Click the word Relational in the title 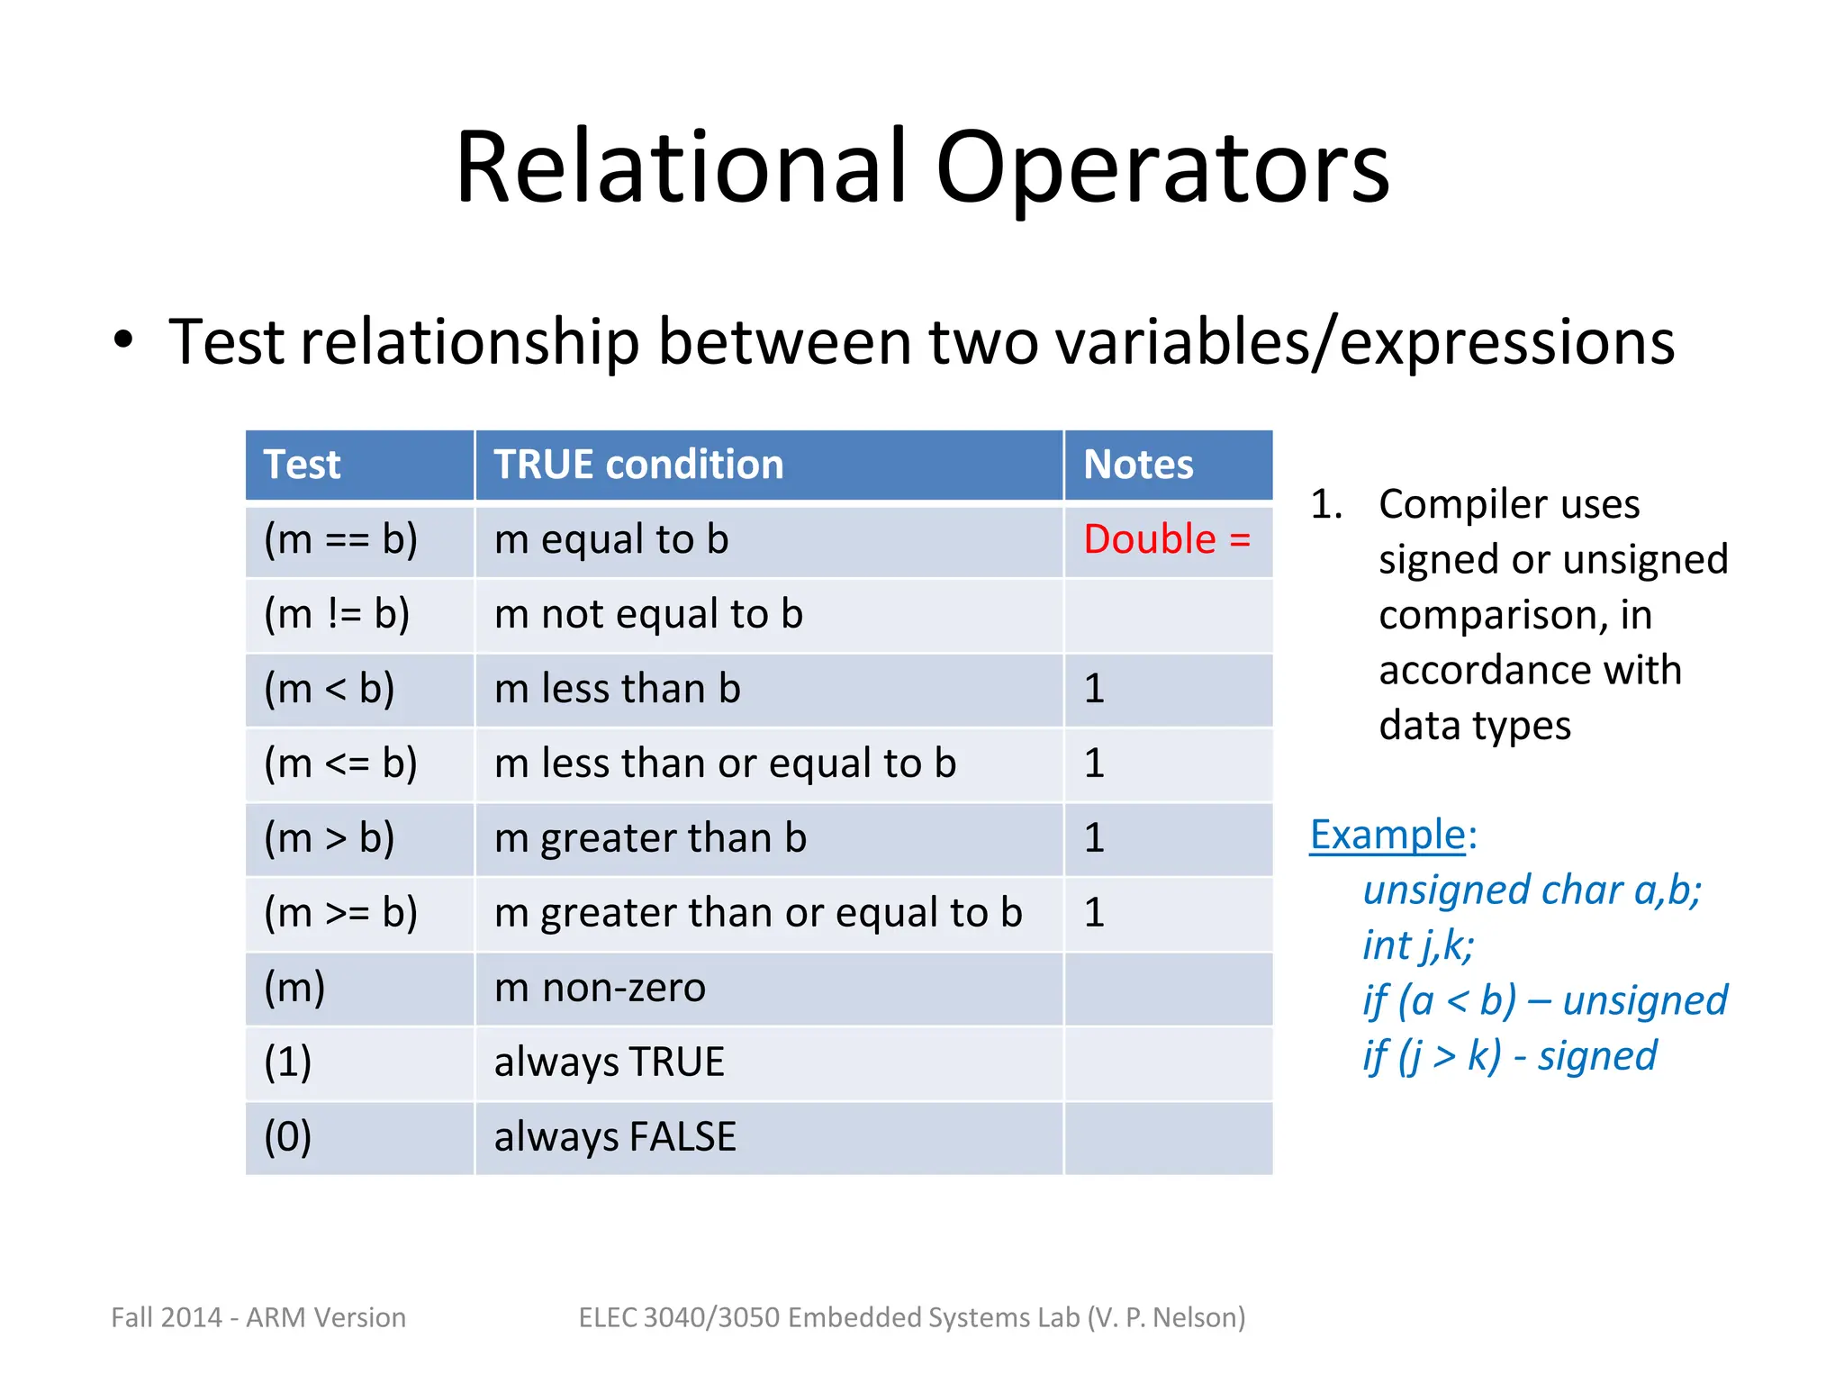(x=680, y=168)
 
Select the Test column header (x=303, y=465)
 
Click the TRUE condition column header (x=638, y=465)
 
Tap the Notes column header (x=1138, y=465)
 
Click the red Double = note (x=1166, y=539)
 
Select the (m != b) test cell (x=337, y=614)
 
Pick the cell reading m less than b (x=618, y=689)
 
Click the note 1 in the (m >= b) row (x=1094, y=913)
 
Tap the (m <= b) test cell (x=340, y=764)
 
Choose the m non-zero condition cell (x=600, y=988)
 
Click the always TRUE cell (x=609, y=1062)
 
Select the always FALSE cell (x=615, y=1137)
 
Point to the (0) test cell (x=287, y=1137)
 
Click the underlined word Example (x=1388, y=835)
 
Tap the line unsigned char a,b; (x=1532, y=890)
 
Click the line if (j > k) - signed (x=1509, y=1056)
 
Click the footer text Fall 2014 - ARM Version (x=258, y=1317)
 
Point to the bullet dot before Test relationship (x=123, y=341)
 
